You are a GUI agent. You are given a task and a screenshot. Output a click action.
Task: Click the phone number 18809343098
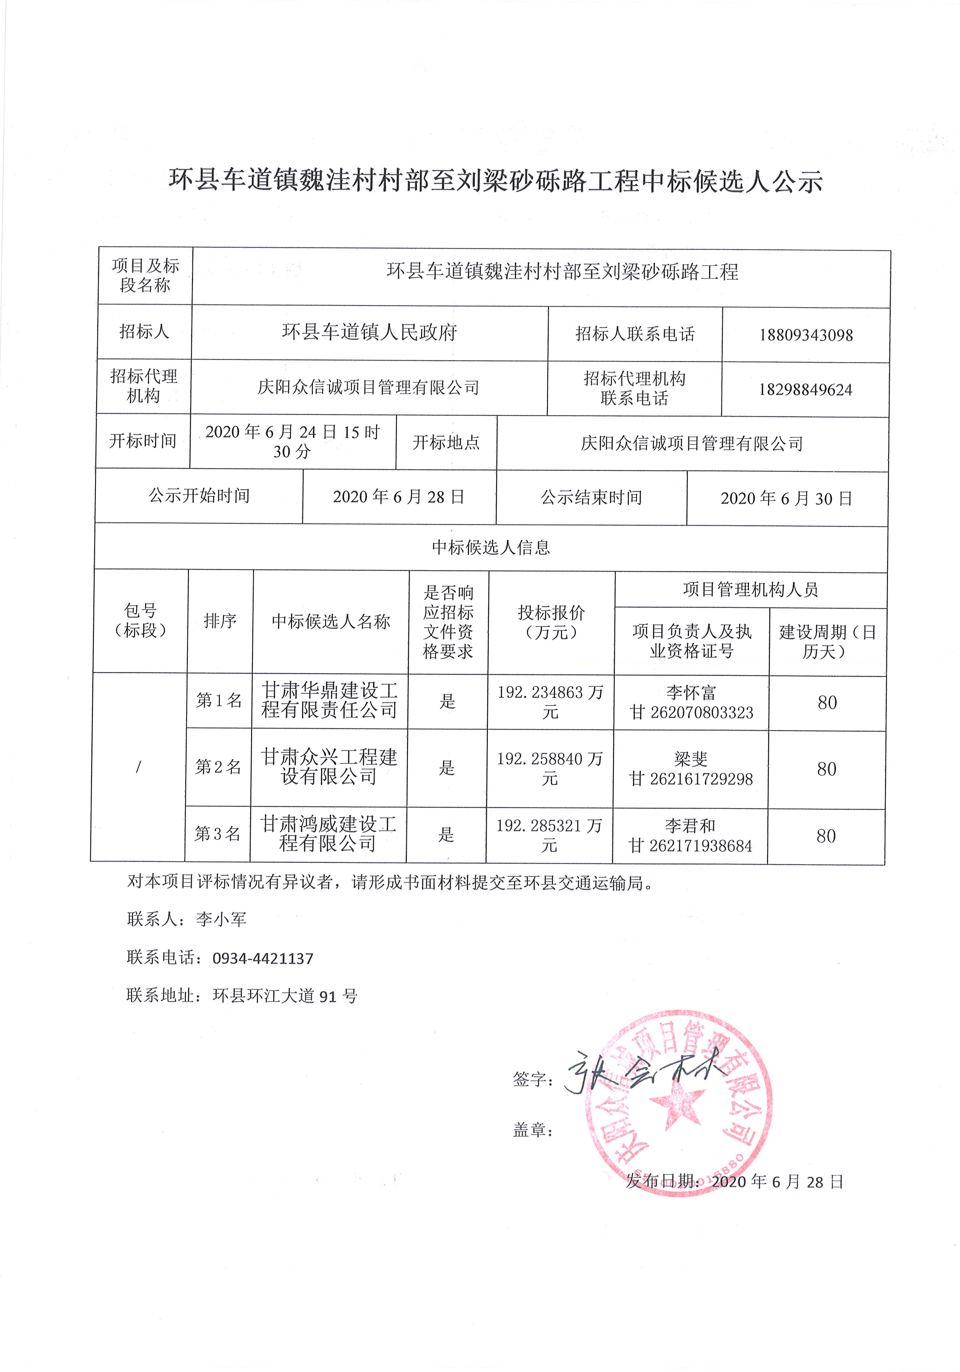pos(805,335)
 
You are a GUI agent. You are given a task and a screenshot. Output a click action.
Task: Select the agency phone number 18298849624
pos(805,390)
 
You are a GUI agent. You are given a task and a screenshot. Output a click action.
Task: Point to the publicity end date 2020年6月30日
pos(786,499)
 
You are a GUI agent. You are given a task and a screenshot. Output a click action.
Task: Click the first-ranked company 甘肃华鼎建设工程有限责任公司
pos(330,700)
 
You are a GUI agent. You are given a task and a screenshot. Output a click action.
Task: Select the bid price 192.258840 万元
pos(550,769)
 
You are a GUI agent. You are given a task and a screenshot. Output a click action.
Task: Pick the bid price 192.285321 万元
pos(549,835)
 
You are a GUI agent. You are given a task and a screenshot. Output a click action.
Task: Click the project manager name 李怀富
pos(691,693)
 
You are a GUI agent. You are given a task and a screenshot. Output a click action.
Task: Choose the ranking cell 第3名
pos(217,834)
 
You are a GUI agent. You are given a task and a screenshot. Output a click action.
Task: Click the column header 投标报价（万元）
pos(551,622)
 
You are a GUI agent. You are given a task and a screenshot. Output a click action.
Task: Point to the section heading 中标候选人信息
pos(491,547)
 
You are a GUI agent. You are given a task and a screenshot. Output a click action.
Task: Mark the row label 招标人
pos(144,332)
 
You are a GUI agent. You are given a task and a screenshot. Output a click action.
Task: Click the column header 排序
pos(220,621)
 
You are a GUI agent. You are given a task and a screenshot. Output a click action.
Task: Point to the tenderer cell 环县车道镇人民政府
pos(369,332)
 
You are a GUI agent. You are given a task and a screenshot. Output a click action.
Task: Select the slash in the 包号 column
pos(139,767)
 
